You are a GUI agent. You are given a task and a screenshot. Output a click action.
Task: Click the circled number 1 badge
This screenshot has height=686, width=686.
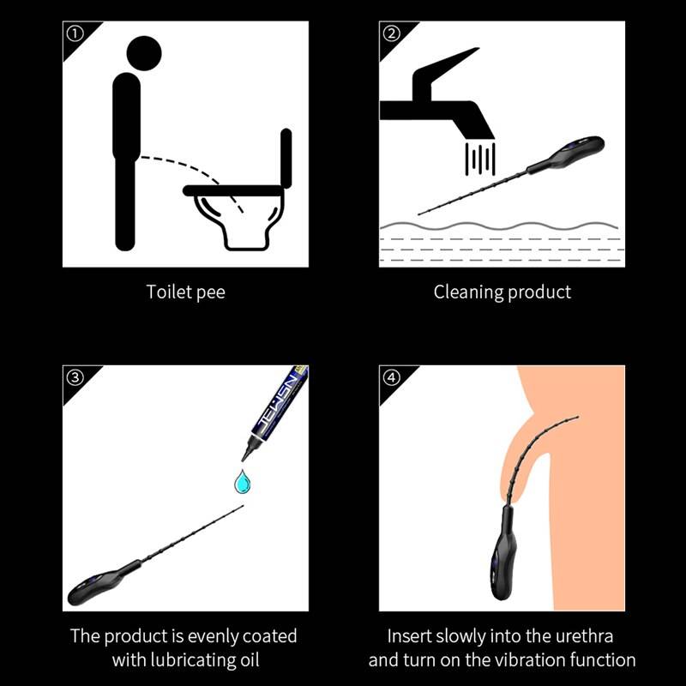click(75, 33)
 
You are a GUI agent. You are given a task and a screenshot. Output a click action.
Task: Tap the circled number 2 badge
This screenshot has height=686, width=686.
click(391, 33)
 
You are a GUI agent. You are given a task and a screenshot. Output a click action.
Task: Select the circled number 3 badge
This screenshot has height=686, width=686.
click(75, 377)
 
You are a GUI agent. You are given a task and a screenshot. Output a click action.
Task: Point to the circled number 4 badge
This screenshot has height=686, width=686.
click(391, 377)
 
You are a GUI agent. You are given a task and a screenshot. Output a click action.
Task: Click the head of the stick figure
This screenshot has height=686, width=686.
click(144, 53)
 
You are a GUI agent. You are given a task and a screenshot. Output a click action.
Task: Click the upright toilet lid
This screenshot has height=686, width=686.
click(286, 158)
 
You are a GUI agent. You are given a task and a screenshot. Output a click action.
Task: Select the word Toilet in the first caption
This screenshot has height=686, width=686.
click(168, 292)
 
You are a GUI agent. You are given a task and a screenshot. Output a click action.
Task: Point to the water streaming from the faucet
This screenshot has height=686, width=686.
click(480, 159)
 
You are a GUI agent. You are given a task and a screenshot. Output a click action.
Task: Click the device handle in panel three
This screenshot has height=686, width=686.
click(103, 584)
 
